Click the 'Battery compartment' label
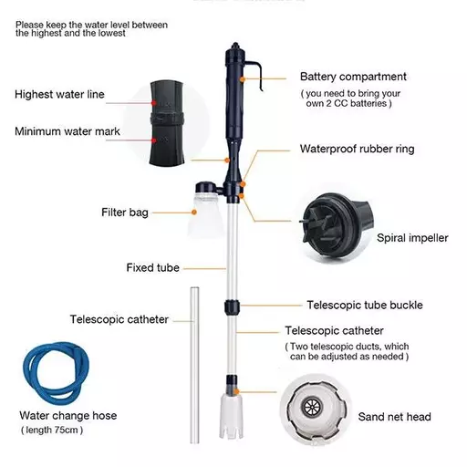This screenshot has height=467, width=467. (x=353, y=77)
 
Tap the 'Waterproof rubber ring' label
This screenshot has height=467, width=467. (x=357, y=149)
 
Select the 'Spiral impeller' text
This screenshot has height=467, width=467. (x=412, y=238)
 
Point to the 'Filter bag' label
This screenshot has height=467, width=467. (x=125, y=213)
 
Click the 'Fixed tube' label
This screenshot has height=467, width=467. (x=152, y=267)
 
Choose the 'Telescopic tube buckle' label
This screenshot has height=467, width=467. (x=365, y=305)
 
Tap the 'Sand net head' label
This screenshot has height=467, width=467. (x=394, y=417)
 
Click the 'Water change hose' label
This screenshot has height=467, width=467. (x=68, y=415)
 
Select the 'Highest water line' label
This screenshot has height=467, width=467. (x=59, y=94)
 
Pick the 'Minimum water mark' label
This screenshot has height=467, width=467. (x=67, y=131)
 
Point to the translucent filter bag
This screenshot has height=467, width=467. (x=207, y=213)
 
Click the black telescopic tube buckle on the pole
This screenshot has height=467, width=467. (x=232, y=307)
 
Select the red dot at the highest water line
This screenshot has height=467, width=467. (x=154, y=103)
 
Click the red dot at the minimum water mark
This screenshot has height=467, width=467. (x=154, y=140)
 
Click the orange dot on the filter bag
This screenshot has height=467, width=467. (x=194, y=213)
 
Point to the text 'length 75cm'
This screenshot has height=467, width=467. (x=52, y=430)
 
